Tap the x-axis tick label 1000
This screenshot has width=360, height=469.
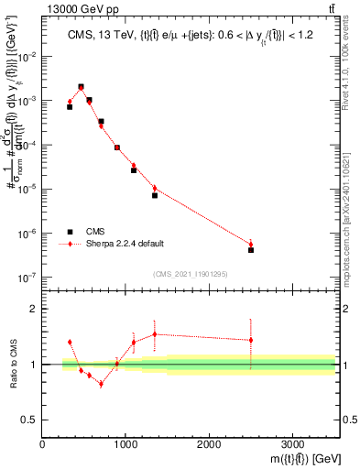pyautogui.click(x=125, y=444)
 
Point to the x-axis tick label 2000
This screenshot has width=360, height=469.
pyautogui.click(x=209, y=444)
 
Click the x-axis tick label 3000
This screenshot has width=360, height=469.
pyautogui.click(x=292, y=444)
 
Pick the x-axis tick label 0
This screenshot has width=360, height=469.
pyautogui.click(x=43, y=444)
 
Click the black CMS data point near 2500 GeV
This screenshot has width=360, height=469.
pyautogui.click(x=251, y=249)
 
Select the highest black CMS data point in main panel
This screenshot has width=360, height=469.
pyautogui.click(x=82, y=87)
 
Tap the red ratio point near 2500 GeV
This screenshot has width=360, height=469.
pyautogui.click(x=251, y=340)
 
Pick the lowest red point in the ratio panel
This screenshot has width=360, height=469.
pyautogui.click(x=101, y=384)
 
